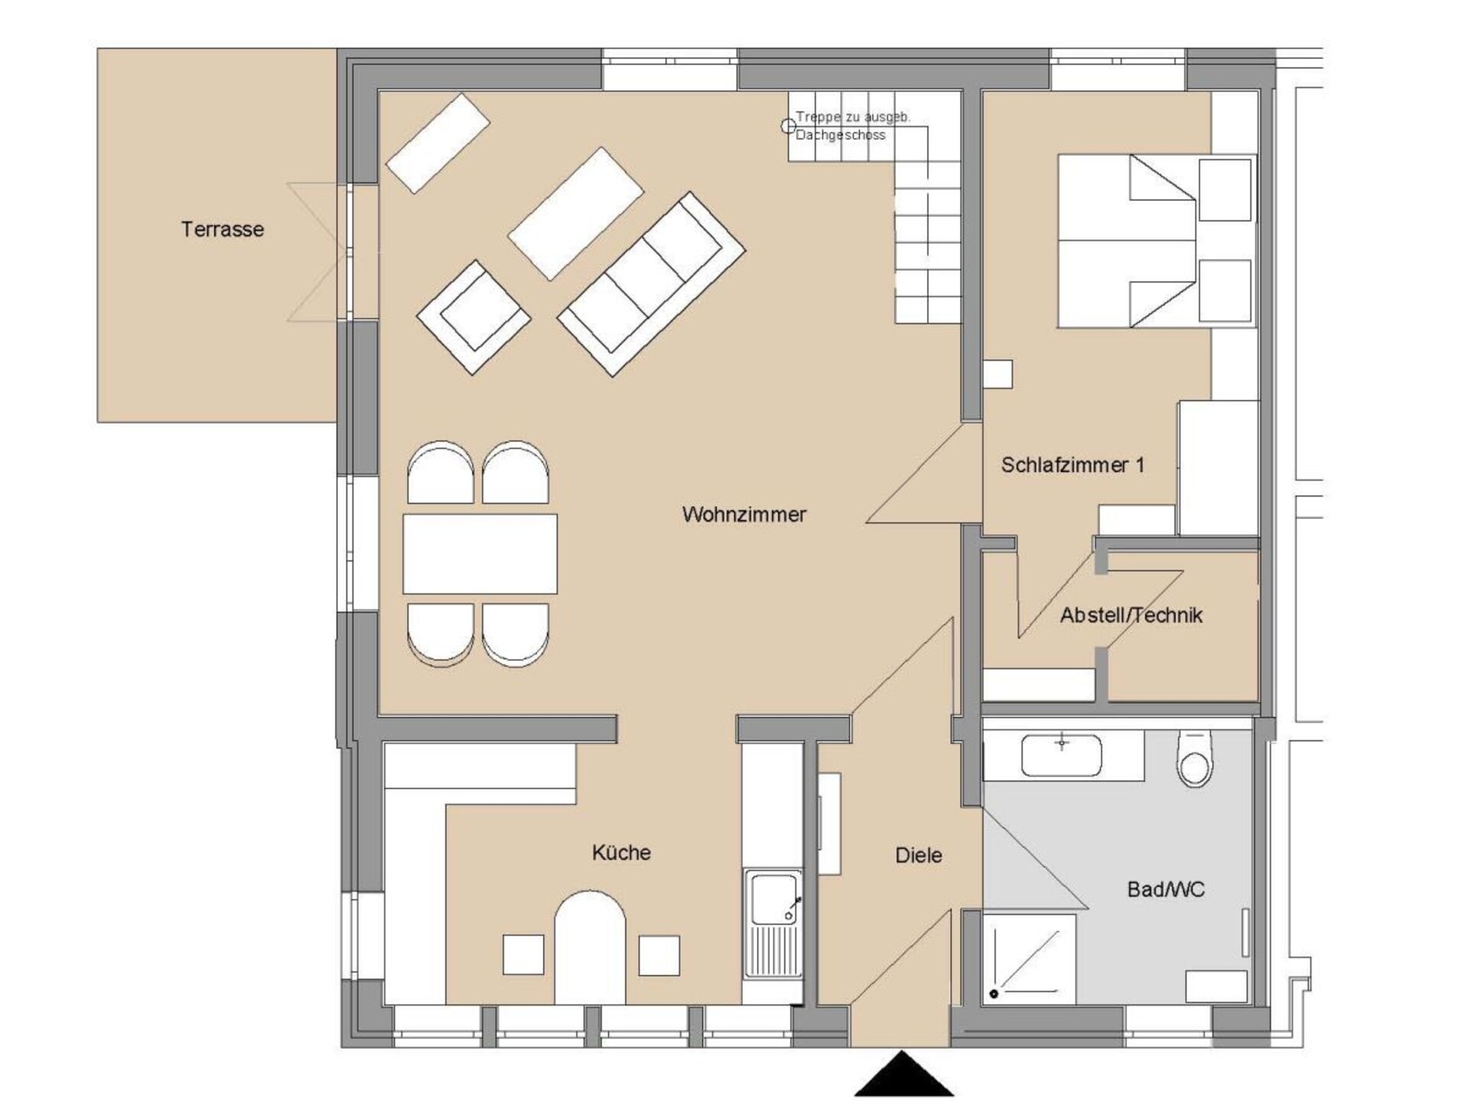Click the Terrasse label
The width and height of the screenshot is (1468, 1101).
click(x=222, y=229)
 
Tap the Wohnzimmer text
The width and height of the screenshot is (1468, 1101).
click(x=744, y=514)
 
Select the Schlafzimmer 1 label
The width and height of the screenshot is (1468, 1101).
click(x=1073, y=465)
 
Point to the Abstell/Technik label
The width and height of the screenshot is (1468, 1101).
click(x=1131, y=615)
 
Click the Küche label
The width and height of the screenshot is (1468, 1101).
click(x=621, y=852)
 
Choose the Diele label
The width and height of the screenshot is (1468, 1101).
click(x=918, y=855)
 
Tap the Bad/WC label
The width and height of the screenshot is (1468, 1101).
click(x=1165, y=889)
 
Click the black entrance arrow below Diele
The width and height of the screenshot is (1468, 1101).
click(x=904, y=1074)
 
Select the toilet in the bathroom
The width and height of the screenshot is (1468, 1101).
click(x=1194, y=758)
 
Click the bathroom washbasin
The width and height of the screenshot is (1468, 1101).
click(x=1062, y=755)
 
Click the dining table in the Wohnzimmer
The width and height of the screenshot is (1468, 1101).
click(x=480, y=554)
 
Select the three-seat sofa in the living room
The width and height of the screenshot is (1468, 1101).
click(x=651, y=284)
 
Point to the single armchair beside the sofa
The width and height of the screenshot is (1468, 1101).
click(x=474, y=317)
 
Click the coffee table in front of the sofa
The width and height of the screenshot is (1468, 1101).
click(x=576, y=213)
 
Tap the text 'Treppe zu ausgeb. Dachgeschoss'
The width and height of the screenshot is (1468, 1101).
click(x=853, y=126)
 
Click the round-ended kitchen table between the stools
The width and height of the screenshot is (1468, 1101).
click(x=589, y=947)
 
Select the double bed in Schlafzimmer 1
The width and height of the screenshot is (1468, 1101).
click(x=1157, y=242)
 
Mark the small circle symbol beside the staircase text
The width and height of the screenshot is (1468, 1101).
click(x=788, y=126)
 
